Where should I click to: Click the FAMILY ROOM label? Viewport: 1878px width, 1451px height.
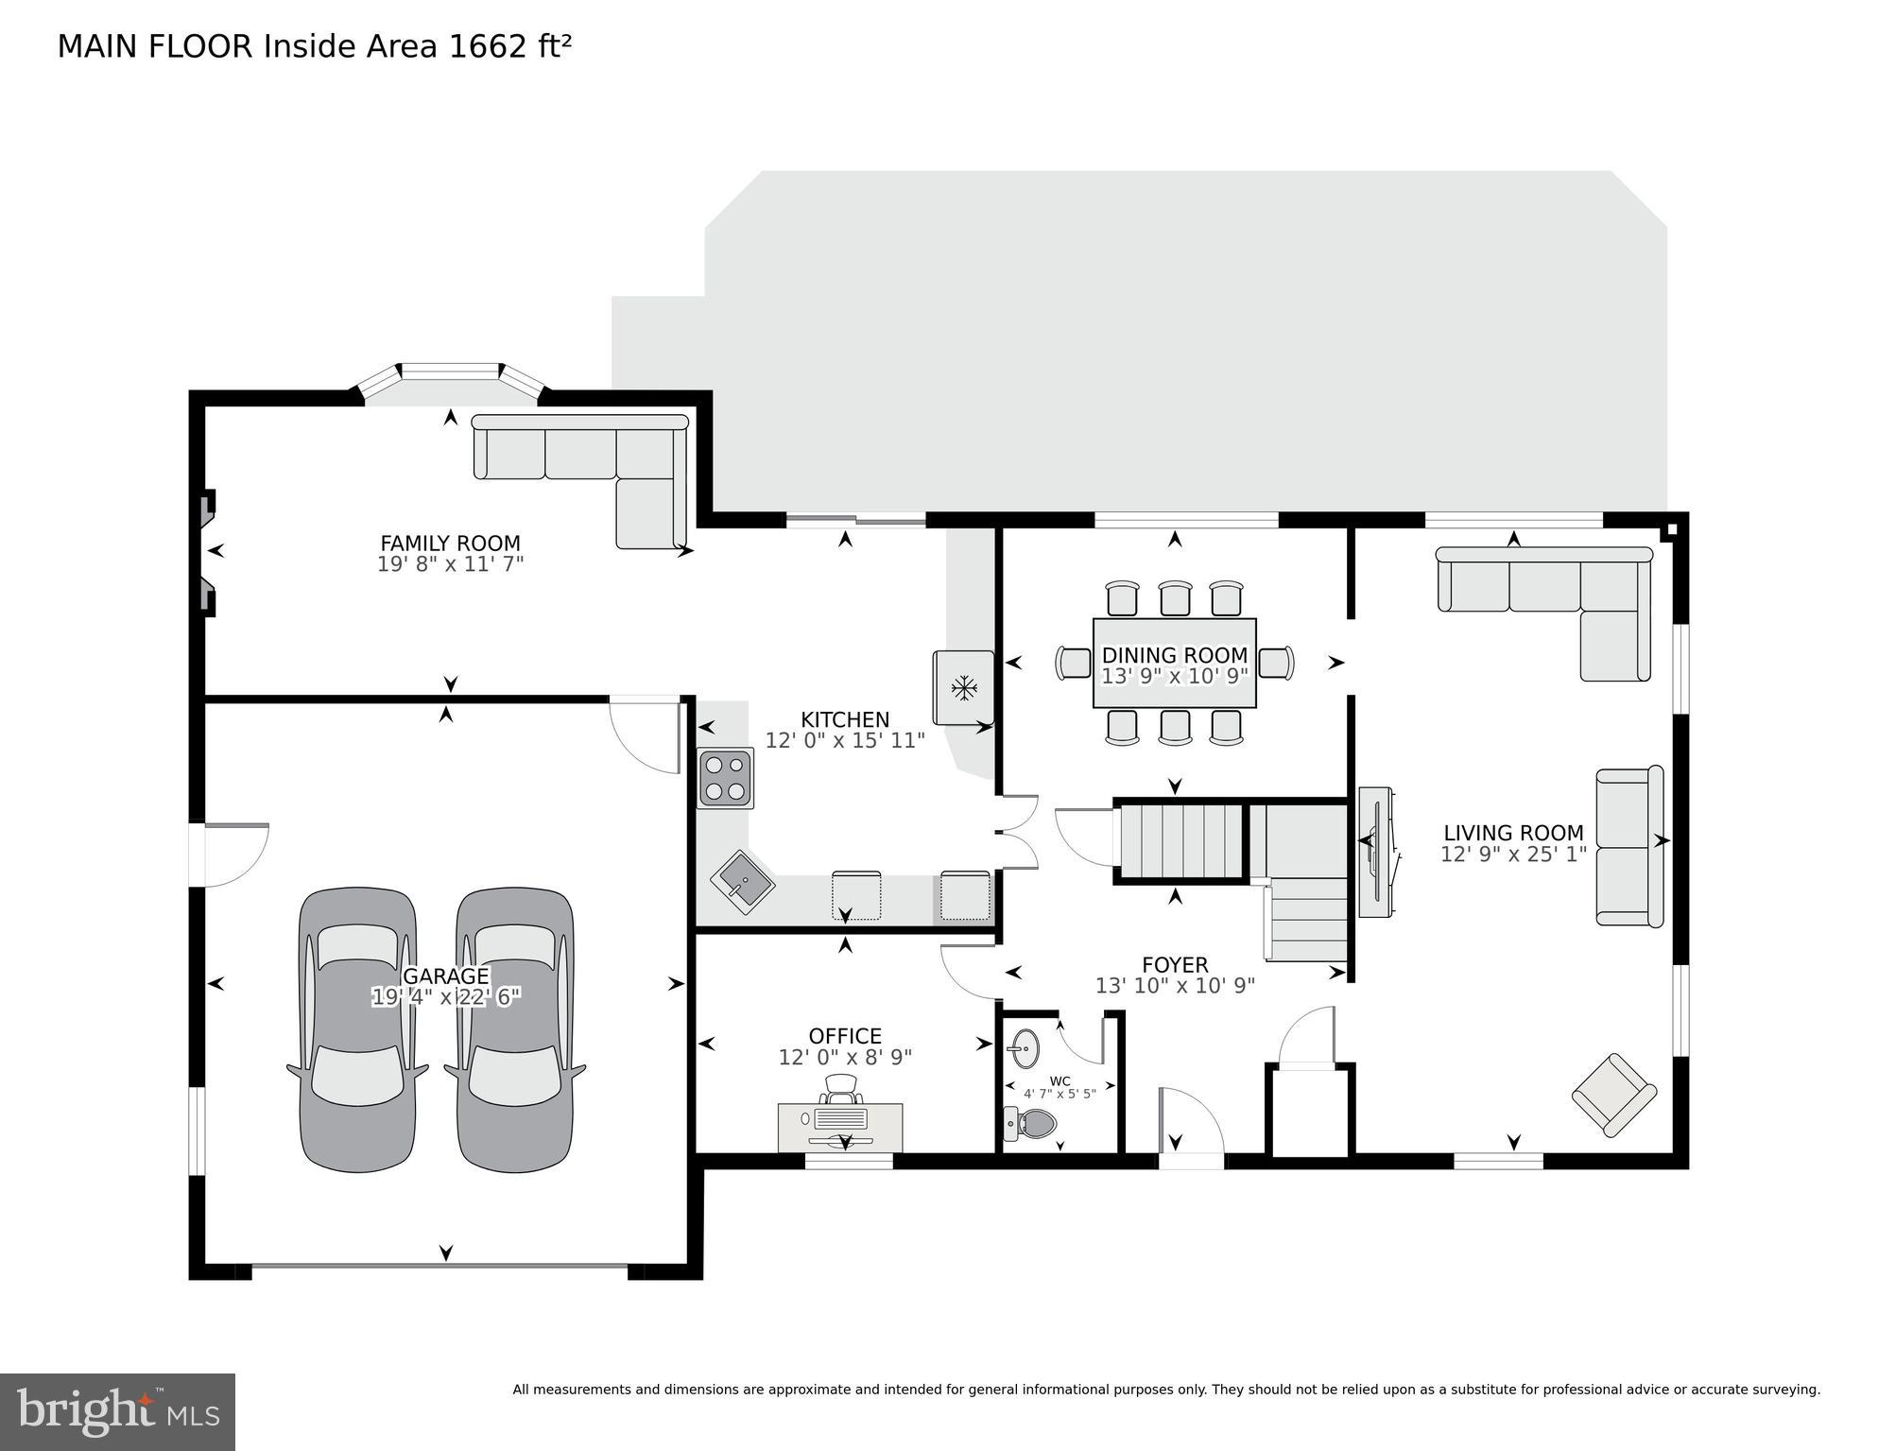coord(450,544)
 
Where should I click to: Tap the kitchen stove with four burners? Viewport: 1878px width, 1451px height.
coord(725,778)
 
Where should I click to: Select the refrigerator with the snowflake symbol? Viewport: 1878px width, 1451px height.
coord(963,687)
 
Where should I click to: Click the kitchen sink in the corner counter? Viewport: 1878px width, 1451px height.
coord(743,882)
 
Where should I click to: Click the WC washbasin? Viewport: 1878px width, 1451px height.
coord(1024,1047)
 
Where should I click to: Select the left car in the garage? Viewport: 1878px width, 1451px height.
coord(357,1030)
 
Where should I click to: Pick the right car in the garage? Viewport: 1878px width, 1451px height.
coord(514,1030)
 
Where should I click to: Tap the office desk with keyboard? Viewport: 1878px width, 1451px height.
coord(839,1126)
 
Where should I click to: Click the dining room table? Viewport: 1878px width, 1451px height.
coord(1174,663)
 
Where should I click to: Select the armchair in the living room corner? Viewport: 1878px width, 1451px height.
coord(1613,1095)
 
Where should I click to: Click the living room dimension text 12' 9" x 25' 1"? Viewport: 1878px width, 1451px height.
coord(1512,855)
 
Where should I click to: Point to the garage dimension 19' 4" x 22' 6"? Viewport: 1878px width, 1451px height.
coord(446,997)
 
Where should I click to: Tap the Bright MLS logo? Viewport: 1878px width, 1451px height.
coord(117,1411)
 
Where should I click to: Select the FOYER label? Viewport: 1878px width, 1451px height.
coord(1174,964)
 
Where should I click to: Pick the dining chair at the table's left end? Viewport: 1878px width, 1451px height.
coord(1074,663)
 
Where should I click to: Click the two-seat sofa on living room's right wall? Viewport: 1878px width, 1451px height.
coord(1628,847)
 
